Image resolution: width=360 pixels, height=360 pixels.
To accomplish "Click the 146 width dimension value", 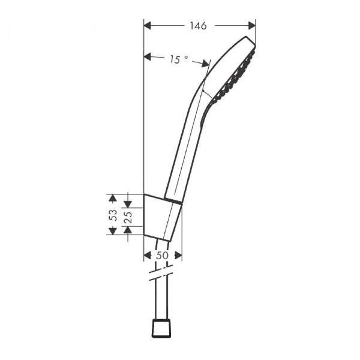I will (x=198, y=26).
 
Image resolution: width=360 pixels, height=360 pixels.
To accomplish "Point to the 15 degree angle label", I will (x=178, y=59).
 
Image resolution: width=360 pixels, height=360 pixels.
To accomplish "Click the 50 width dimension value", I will (x=162, y=255).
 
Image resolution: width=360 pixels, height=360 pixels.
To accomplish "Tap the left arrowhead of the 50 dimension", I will (x=148, y=255).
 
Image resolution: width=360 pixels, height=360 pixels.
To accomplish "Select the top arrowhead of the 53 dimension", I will (x=112, y=197).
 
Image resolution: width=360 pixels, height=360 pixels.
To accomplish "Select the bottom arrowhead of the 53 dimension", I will (x=112, y=231).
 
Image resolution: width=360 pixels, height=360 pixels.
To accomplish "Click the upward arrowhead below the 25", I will (x=128, y=232).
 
